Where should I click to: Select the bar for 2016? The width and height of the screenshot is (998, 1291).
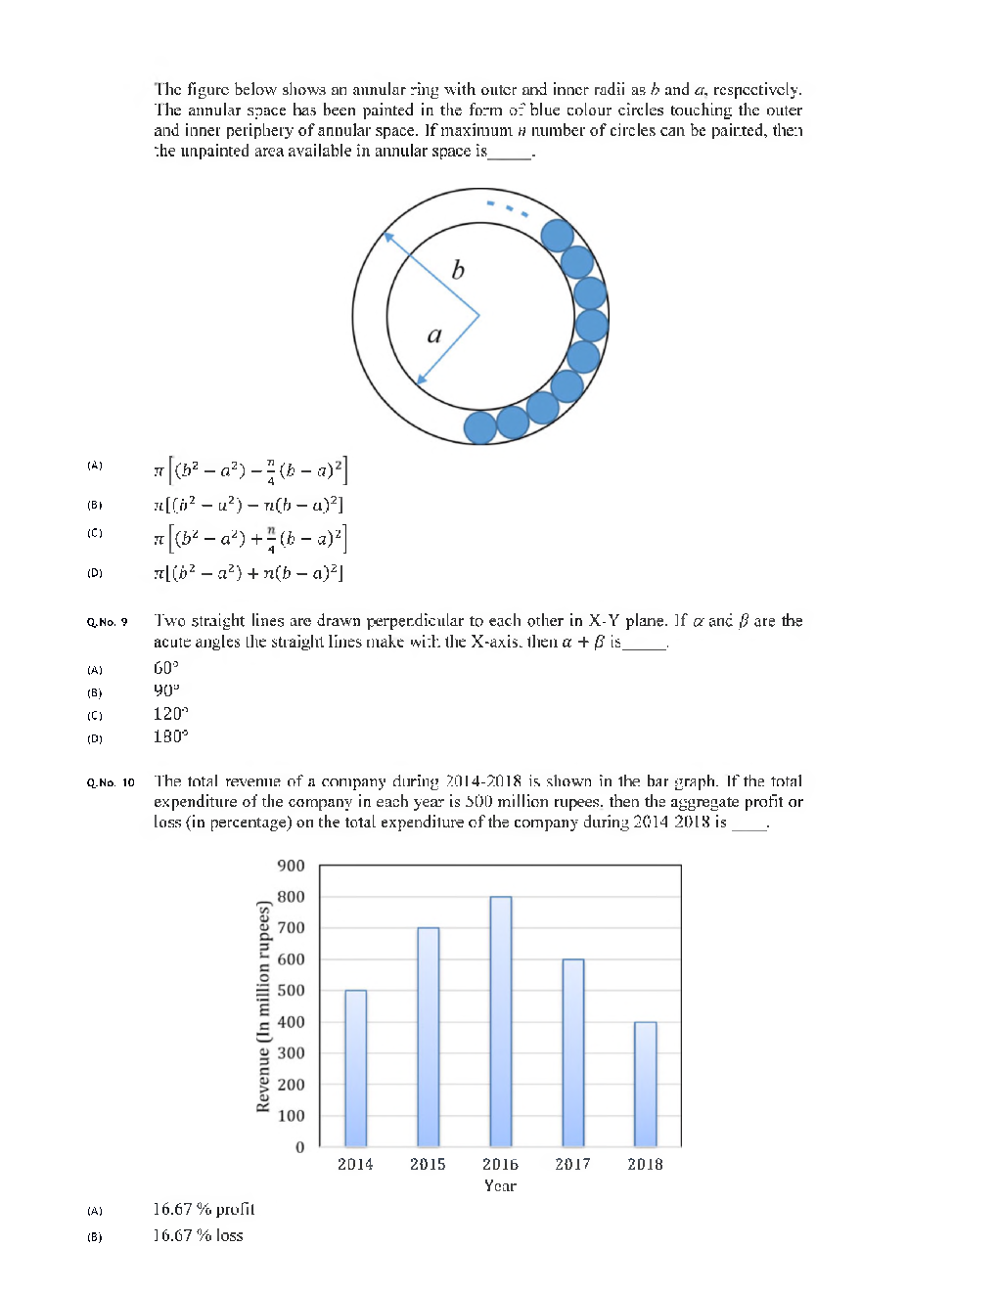coord(500,1021)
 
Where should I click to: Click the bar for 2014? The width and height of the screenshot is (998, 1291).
coord(355,1068)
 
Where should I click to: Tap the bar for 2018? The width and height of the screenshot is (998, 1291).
coord(645,1084)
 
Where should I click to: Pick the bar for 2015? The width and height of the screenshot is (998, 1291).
coord(428,1037)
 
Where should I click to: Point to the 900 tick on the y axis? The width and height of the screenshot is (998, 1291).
coord(291,866)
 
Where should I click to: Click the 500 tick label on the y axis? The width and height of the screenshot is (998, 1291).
coord(291,991)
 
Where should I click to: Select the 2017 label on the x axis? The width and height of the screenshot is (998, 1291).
coord(572,1164)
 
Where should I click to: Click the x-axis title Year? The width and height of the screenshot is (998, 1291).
coord(500,1185)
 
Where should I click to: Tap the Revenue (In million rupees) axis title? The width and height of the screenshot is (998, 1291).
coord(262,1006)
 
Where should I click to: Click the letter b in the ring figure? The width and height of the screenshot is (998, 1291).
coord(458,270)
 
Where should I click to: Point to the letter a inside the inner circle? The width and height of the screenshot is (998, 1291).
coord(434,334)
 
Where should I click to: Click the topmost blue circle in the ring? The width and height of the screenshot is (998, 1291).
coord(557,236)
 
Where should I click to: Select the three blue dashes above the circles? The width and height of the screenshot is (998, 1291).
coord(508,207)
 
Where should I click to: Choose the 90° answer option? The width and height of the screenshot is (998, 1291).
coord(166,690)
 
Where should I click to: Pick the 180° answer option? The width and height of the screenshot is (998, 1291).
coord(170,736)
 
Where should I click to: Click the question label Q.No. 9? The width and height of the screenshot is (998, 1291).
coord(107,622)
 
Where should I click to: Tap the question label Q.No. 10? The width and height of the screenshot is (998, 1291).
coord(110,782)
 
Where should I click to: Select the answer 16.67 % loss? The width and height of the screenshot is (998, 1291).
coord(198,1235)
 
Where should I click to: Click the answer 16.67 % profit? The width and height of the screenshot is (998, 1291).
coord(204,1209)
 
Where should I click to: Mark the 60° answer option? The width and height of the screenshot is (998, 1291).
coord(166,668)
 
